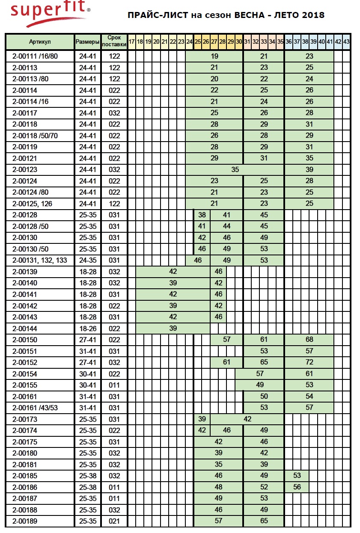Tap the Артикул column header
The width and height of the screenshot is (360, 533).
click(40, 41)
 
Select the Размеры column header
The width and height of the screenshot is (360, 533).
click(87, 41)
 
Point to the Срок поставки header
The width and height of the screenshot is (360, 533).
click(114, 41)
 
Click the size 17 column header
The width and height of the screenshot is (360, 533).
click(132, 41)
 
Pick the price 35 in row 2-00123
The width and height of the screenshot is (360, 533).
click(235, 169)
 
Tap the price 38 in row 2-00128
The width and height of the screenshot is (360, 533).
click(202, 215)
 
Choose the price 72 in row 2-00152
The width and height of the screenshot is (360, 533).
click(309, 362)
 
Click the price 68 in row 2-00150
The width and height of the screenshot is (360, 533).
click(309, 340)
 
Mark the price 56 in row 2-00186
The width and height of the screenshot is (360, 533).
click(297, 487)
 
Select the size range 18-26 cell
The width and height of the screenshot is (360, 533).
click(87, 328)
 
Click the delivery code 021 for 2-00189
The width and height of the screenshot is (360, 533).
click(114, 521)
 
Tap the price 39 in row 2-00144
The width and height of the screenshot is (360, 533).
click(173, 328)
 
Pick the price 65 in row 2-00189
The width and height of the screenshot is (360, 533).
click(264, 521)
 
